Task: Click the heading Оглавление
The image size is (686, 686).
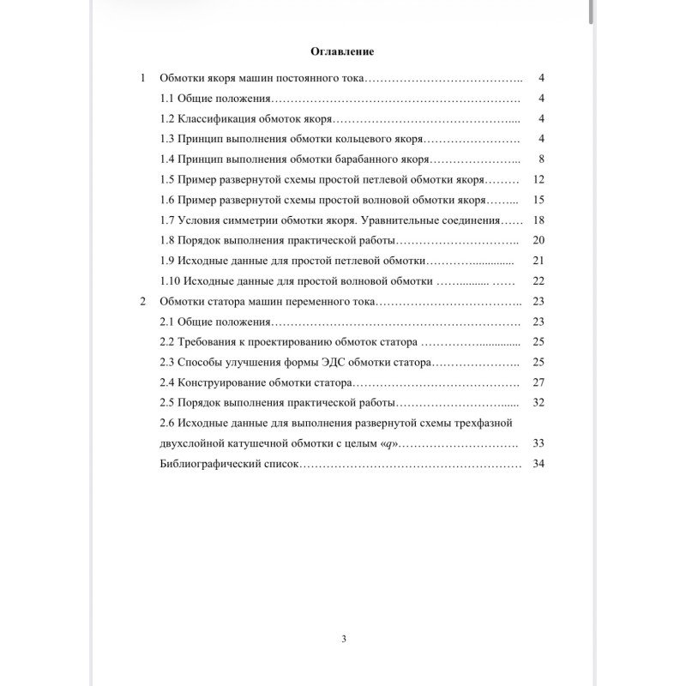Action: point(342,51)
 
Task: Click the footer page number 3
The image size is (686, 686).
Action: point(343,638)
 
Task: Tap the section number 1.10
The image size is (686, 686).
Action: point(171,280)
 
